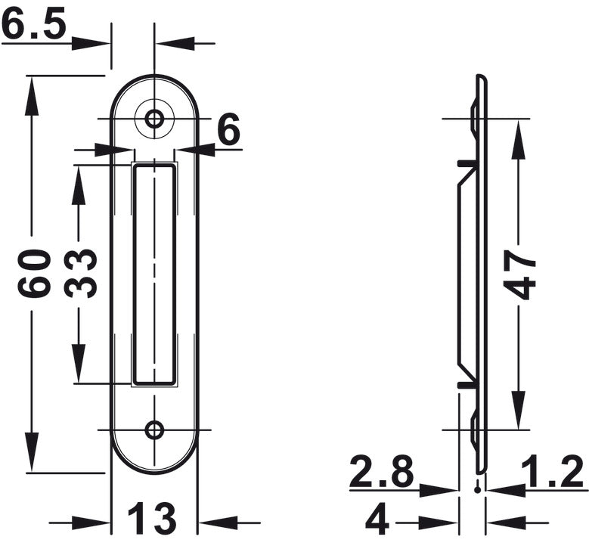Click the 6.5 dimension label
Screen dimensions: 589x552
tap(35, 23)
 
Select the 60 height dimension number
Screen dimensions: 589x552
tap(34, 273)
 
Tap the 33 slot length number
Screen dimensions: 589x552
tap(80, 273)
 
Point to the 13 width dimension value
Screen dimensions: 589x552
tap(151, 518)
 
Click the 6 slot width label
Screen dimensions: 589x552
tap(229, 129)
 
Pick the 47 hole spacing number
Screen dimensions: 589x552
tap(519, 274)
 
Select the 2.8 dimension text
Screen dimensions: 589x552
tap(381, 470)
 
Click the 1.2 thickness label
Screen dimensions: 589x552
tap(553, 470)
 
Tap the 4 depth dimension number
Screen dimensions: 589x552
tap(377, 523)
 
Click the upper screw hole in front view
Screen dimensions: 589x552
tap(154, 119)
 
